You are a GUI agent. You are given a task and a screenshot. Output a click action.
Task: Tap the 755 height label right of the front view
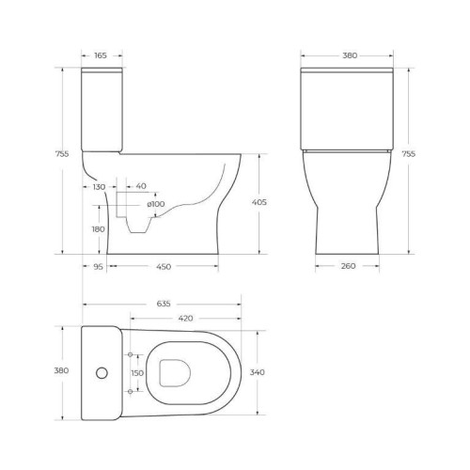pyautogui.click(x=408, y=154)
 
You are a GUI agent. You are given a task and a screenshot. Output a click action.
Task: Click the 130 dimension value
pyautogui.click(x=99, y=187)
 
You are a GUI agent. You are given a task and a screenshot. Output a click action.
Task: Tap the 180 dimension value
pyautogui.click(x=99, y=228)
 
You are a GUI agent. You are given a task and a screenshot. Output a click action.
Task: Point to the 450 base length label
pyautogui.click(x=163, y=266)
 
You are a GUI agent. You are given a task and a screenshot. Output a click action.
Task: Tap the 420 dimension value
pyautogui.click(x=186, y=319)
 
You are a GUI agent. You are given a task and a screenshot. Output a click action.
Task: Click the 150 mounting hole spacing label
pyautogui.click(x=138, y=373)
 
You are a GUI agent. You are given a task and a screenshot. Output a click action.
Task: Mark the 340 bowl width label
pyautogui.click(x=258, y=373)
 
